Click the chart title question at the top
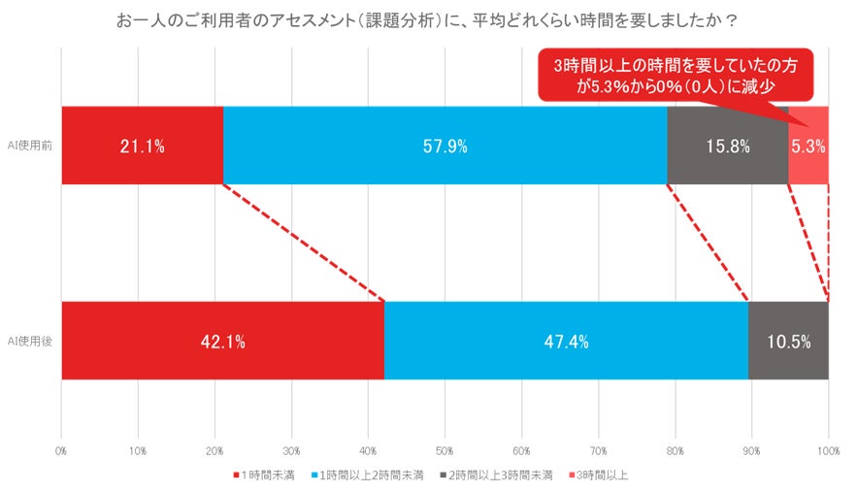428,20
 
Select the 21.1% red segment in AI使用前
142,146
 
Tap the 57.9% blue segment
445,146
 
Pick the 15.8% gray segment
728,146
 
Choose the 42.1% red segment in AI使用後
222,341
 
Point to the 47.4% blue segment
566,341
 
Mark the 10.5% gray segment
788,341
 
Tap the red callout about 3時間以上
676,76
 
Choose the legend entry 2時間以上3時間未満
495,475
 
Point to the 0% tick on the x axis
61,451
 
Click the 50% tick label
445,451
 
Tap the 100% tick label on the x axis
828,451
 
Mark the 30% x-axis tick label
291,451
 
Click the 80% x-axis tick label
675,451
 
